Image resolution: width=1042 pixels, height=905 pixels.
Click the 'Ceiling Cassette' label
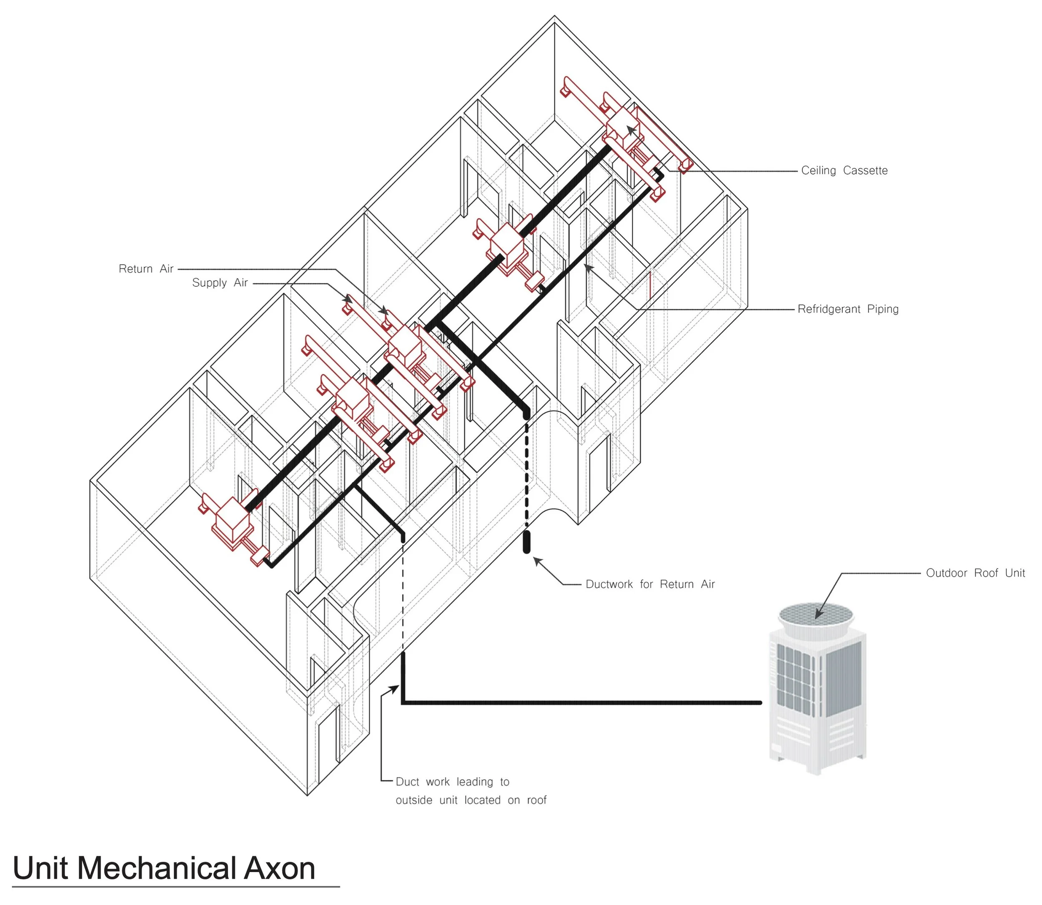(x=844, y=170)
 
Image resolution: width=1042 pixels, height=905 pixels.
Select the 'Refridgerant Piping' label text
(x=848, y=309)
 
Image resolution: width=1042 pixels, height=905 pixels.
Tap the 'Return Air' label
(x=146, y=269)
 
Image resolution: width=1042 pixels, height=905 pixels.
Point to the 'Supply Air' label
(x=220, y=283)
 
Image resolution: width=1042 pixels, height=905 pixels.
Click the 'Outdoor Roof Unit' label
(x=975, y=573)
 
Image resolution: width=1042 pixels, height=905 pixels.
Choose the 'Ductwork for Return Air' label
(x=650, y=584)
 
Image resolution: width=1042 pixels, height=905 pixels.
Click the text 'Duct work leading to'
(x=452, y=782)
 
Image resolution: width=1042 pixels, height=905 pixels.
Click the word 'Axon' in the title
(x=280, y=868)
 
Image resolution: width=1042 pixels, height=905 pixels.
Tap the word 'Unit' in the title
(x=40, y=868)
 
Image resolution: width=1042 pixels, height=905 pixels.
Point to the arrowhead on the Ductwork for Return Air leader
(x=537, y=561)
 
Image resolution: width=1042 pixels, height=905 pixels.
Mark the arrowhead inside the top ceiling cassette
(x=631, y=130)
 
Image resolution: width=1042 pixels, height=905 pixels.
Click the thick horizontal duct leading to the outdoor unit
(x=581, y=702)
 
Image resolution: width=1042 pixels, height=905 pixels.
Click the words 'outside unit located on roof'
(x=471, y=800)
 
